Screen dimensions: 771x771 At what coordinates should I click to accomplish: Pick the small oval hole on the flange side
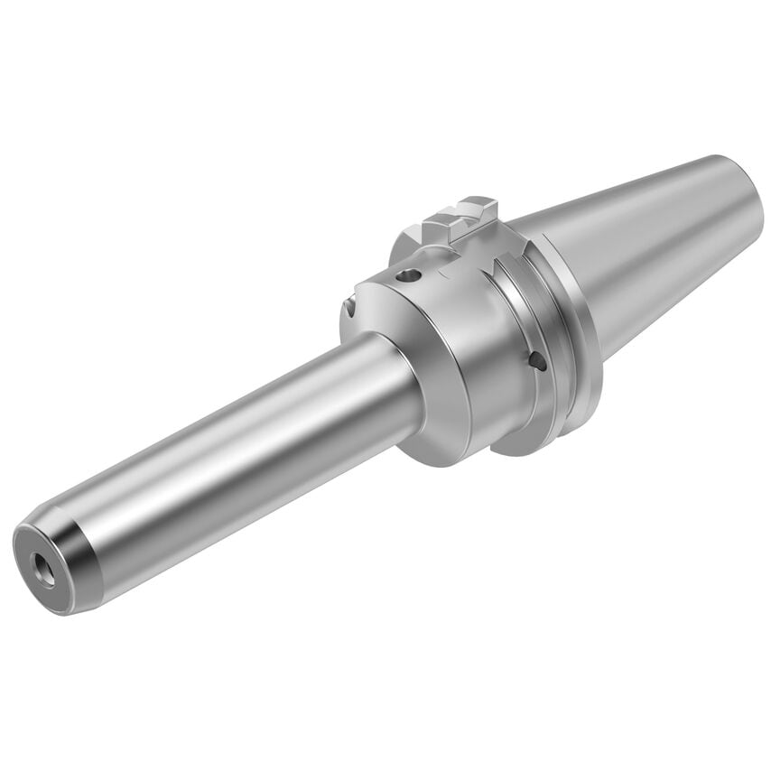tap(539, 361)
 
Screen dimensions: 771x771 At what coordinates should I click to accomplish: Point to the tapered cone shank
tap(650, 235)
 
